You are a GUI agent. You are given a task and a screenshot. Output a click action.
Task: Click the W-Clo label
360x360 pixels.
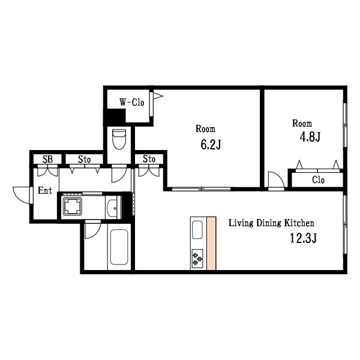132,102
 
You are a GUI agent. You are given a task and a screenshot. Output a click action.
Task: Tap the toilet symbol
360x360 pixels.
119,139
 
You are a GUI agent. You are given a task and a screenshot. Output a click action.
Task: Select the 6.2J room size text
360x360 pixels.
211,145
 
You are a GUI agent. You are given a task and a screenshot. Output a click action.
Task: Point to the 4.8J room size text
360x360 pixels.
310,137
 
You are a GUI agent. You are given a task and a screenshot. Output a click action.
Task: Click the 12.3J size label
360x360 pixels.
304,238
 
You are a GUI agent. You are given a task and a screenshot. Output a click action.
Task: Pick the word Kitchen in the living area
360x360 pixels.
299,223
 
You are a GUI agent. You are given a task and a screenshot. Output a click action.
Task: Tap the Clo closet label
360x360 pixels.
318,180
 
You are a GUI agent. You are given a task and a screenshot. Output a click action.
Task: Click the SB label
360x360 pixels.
48,159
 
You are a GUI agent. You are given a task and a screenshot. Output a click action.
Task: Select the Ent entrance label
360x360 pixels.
45,190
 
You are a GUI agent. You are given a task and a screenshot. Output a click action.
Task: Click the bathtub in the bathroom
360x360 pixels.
119,247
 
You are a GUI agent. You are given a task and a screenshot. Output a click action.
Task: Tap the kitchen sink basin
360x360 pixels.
197,230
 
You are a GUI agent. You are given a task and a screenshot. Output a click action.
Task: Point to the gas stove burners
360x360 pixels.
197,259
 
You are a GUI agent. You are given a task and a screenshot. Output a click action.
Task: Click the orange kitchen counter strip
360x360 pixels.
211,243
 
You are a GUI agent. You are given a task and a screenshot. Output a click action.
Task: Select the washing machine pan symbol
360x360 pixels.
73,206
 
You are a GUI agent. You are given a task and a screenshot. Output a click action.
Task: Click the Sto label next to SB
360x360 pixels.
84,159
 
